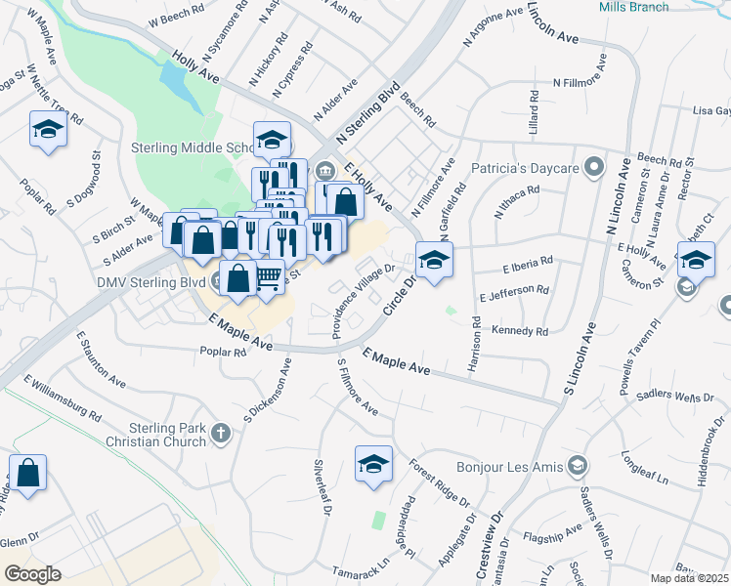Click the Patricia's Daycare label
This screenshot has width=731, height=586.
coord(527,168)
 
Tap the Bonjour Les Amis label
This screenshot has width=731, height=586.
coord(508,464)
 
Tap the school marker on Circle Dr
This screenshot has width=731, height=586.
coord(434,260)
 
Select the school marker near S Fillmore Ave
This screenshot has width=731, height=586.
coord(373,464)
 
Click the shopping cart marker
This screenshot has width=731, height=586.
coord(269,278)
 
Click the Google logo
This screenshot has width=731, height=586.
coord(32,574)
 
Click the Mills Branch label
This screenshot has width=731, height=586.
coord(633,7)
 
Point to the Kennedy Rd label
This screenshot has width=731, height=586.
coord(520,332)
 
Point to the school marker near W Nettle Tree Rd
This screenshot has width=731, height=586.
coord(46,129)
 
